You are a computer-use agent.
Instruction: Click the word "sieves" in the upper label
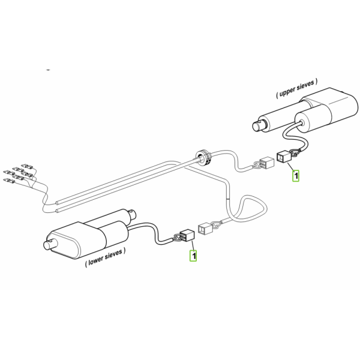click(x=305, y=86)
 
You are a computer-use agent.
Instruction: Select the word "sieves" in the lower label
click(x=113, y=254)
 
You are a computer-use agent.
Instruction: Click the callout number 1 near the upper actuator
click(x=296, y=176)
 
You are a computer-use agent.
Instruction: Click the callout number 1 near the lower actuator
click(x=193, y=256)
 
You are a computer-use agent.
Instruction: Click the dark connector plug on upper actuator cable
click(x=284, y=157)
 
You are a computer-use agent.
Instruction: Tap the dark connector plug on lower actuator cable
click(x=187, y=235)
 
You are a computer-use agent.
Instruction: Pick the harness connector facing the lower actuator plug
click(x=205, y=229)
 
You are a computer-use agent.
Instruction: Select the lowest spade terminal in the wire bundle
click(x=9, y=181)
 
